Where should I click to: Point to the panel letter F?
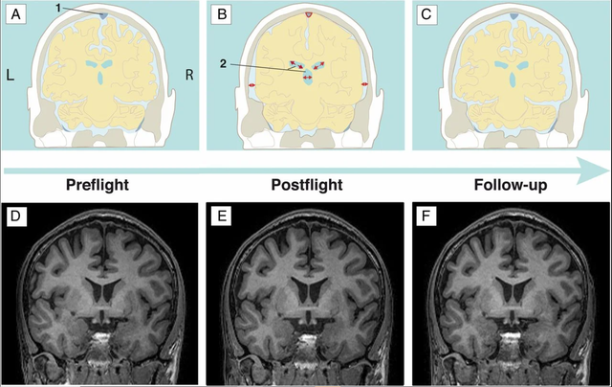pyautogui.click(x=426, y=214)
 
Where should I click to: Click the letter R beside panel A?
pyautogui.click(x=189, y=74)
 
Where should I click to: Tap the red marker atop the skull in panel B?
pyautogui.click(x=308, y=15)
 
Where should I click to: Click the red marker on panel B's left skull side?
pyautogui.click(x=252, y=86)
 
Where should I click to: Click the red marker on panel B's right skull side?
pyautogui.click(x=364, y=86)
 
